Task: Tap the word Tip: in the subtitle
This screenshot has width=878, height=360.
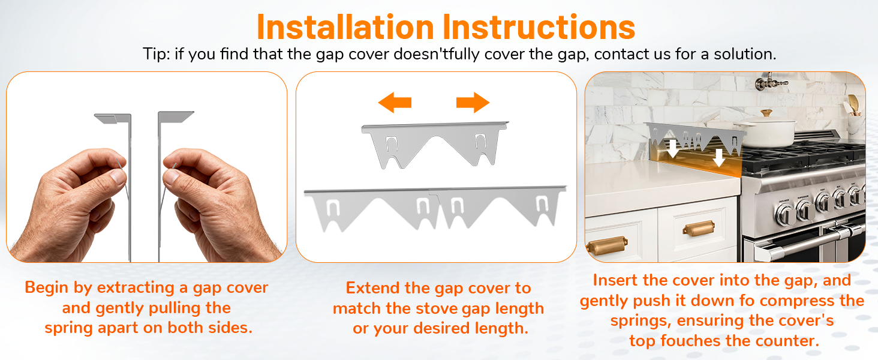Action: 157,54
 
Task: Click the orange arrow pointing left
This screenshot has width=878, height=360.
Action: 395,102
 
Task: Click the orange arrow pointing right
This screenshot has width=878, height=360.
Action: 473,102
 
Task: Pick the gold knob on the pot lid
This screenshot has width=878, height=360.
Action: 766,113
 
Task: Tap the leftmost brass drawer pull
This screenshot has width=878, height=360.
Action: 606,246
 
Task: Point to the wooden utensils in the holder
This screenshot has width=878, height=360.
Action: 853,103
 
